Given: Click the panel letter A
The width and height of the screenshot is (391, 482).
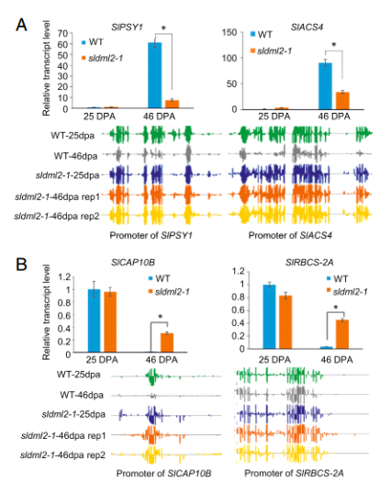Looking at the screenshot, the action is (21, 25).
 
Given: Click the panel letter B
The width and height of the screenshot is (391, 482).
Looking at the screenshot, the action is (21, 264).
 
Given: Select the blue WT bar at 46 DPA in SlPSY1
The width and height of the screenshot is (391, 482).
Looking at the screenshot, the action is (154, 75).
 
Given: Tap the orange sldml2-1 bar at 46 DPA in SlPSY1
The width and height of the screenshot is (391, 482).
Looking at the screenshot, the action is (173, 104).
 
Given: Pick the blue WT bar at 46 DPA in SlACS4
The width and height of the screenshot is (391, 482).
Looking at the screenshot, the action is (325, 85).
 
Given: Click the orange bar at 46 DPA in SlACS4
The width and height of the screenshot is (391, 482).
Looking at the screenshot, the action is (342, 100).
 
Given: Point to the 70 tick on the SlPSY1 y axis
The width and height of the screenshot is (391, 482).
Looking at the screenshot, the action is (63, 33).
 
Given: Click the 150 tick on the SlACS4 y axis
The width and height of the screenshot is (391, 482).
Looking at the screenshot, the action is (229, 32).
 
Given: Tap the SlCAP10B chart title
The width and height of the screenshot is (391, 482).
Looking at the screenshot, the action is (133, 263).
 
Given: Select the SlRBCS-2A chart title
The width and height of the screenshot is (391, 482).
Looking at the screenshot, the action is (309, 263).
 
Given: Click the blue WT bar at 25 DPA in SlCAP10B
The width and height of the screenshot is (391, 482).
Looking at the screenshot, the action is (94, 320).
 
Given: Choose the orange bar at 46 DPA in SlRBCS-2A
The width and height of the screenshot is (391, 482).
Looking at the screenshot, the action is (342, 334).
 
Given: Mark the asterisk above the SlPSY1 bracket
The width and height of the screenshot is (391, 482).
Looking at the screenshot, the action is (163, 28).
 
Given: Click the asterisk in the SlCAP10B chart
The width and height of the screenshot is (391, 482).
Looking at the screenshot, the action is (160, 317).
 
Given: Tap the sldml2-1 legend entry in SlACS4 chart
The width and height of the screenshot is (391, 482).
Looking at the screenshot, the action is (272, 50).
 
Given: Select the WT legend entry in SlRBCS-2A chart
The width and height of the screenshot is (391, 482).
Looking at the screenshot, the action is (337, 278).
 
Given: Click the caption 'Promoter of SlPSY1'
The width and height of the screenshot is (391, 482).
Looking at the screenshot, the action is (151, 235).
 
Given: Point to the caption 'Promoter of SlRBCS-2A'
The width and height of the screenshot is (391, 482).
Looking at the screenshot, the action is (294, 473).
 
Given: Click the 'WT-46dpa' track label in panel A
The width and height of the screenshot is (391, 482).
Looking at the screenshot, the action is (75, 156).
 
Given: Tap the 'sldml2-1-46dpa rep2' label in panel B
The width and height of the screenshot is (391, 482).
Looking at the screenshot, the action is (63, 454).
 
